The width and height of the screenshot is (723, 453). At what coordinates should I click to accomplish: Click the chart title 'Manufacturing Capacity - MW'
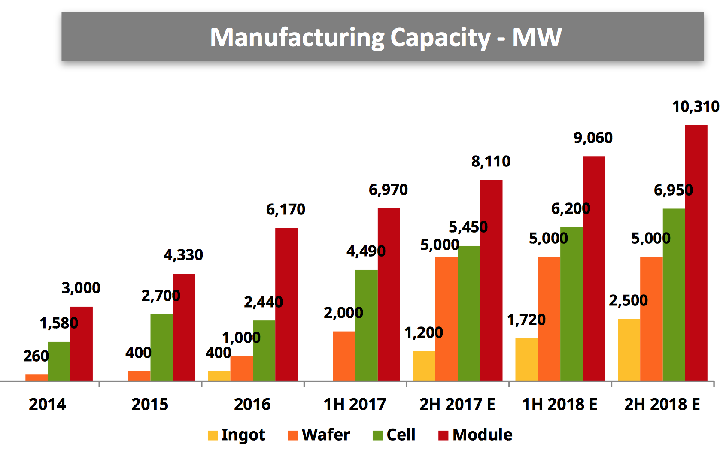(385, 37)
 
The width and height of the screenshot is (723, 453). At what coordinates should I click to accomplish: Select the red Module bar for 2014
(81, 344)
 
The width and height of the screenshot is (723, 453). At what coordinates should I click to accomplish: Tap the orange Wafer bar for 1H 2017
(344, 356)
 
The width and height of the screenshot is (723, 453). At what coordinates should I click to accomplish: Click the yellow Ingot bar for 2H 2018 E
(629, 350)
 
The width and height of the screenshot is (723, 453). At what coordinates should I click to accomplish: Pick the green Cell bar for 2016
(264, 350)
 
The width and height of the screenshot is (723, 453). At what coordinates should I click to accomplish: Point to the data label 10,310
(695, 106)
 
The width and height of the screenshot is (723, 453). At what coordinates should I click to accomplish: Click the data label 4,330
(183, 255)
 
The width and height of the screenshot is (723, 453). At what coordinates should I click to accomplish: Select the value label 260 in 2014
(36, 356)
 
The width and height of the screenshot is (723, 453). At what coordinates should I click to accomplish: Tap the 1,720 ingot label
(526, 320)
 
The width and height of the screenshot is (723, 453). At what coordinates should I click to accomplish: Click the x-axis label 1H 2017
(355, 404)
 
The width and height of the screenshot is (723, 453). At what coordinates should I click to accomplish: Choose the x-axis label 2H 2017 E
(457, 404)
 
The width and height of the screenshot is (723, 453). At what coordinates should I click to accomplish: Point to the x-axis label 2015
(150, 404)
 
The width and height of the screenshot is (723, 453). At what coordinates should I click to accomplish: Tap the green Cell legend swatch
(377, 435)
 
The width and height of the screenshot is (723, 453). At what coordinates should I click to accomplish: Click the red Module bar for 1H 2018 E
(593, 268)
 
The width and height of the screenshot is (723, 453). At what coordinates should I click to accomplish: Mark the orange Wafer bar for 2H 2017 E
(446, 319)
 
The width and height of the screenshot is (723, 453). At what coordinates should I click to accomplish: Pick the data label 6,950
(673, 190)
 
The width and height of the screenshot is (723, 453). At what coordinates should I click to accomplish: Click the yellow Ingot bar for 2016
(219, 376)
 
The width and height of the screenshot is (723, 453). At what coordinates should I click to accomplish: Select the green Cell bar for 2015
(161, 347)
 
